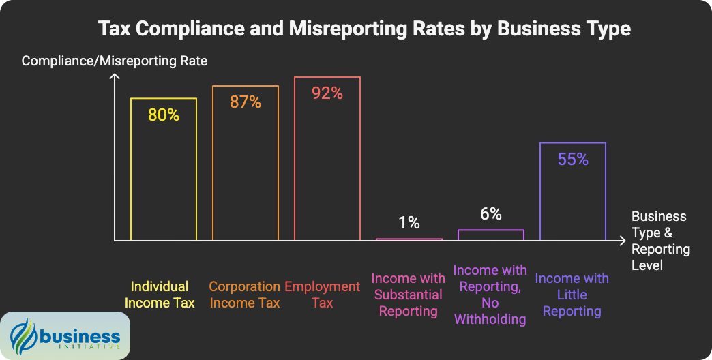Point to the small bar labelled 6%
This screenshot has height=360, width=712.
point(491,235)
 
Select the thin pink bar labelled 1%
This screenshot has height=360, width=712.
point(409,239)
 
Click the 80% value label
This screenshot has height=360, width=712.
point(164,115)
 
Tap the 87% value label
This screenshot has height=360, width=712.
point(246,102)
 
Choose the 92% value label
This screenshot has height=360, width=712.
point(327,93)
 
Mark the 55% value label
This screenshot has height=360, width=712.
point(573,160)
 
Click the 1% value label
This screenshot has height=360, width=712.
point(409,222)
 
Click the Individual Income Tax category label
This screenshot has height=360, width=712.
point(160,295)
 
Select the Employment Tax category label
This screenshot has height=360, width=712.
point(322,295)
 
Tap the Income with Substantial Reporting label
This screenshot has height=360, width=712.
point(408,295)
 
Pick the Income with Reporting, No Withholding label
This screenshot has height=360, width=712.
point(490,295)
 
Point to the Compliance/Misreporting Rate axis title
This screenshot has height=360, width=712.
point(115,61)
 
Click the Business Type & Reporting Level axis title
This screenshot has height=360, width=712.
point(660,241)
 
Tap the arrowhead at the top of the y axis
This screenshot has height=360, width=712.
point(115,80)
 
